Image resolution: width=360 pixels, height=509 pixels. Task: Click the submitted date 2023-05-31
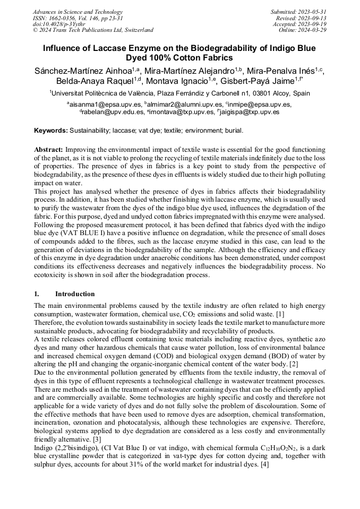point(314,12)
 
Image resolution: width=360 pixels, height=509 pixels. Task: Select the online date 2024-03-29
point(314,30)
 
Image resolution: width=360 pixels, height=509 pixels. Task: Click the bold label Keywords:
point(51,131)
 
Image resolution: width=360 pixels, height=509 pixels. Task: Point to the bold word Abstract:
point(49,150)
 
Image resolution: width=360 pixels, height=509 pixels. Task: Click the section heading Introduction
point(75,294)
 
